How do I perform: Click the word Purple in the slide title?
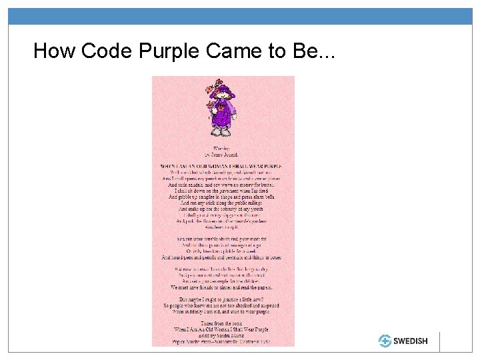click(x=169, y=51)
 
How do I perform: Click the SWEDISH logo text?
click(x=410, y=341)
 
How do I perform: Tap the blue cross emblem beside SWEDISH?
click(x=385, y=341)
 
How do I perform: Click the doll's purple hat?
click(x=225, y=88)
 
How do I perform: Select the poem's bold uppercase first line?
click(x=222, y=165)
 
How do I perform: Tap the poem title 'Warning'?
click(x=221, y=147)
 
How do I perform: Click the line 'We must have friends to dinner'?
click(x=222, y=288)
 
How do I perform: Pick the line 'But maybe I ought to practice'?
click(x=222, y=299)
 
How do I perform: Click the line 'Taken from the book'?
click(x=222, y=323)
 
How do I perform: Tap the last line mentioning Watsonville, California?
click(x=222, y=341)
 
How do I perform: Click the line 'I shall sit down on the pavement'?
click(x=222, y=191)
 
